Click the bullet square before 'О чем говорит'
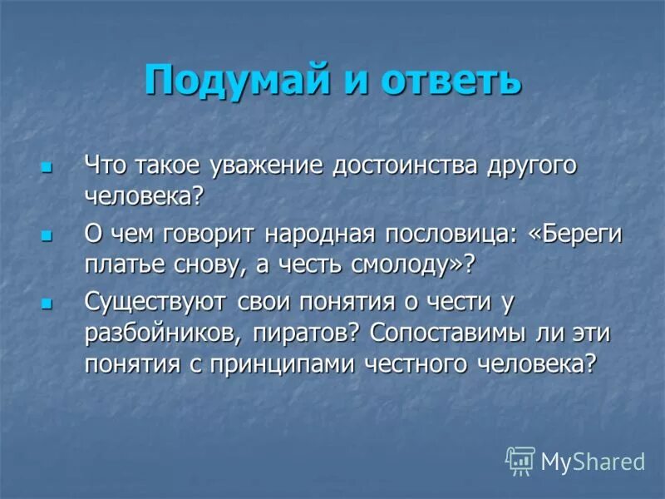47,237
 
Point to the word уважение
273,166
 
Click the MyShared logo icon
520,459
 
